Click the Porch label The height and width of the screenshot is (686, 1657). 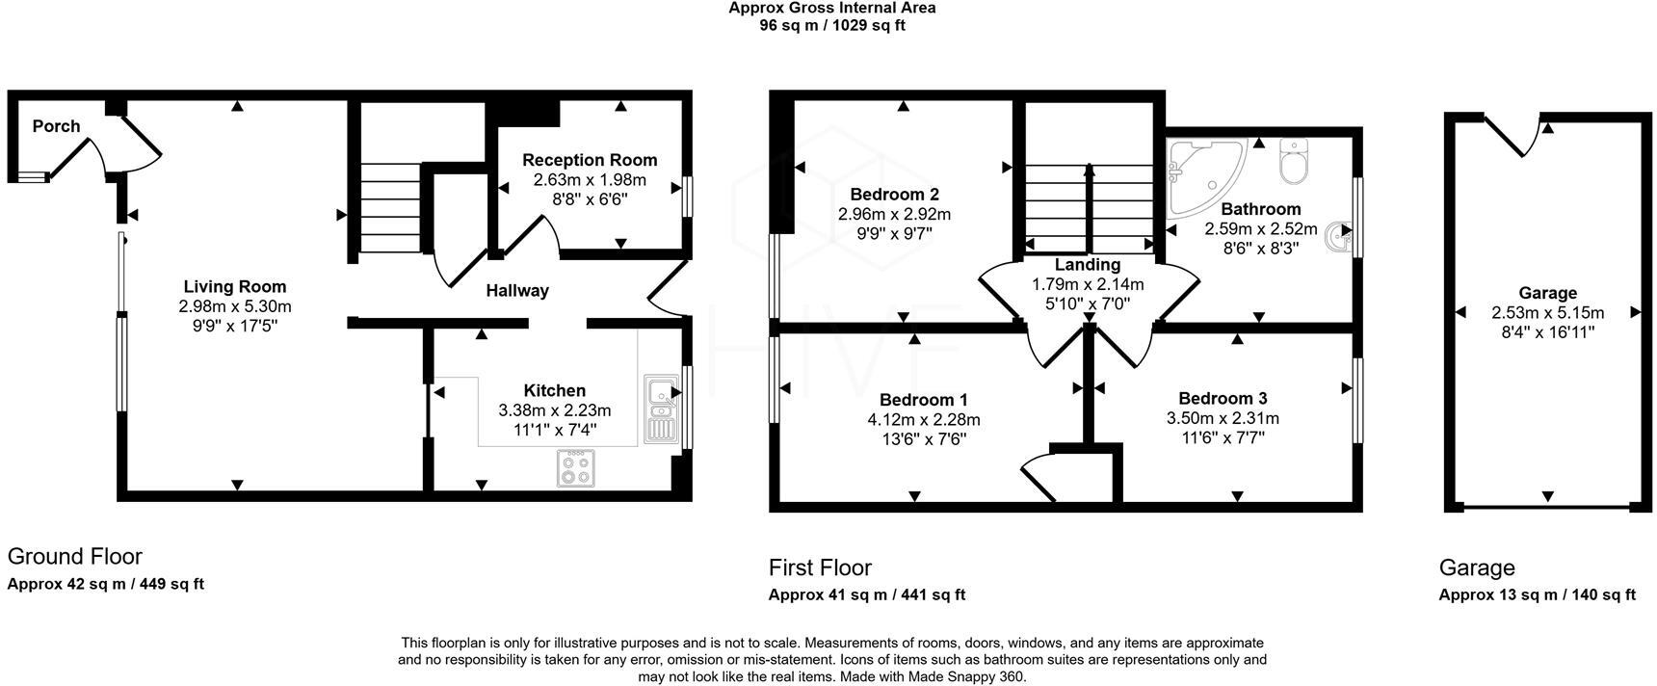point(56,126)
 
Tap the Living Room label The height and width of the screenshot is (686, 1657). point(235,286)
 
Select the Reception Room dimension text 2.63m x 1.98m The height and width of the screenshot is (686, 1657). point(590,180)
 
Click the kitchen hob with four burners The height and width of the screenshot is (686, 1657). point(576,468)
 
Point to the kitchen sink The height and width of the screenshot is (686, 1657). point(661,408)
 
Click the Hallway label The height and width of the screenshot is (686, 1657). point(517,290)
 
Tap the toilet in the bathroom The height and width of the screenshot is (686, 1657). point(1293,161)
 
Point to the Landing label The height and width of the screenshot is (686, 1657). point(1088,265)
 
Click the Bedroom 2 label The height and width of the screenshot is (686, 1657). point(894,194)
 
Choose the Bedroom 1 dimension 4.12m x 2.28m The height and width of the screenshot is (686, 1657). point(924,420)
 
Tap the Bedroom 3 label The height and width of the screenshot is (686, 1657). point(1223,398)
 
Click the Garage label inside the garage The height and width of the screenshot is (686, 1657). point(1547,293)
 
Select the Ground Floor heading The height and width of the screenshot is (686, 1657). point(75,556)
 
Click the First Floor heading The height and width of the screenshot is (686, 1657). point(820,567)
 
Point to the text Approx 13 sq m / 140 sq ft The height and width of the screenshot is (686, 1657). point(1537,594)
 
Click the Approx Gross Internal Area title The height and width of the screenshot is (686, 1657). point(831,8)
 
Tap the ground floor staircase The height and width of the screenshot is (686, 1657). point(390,207)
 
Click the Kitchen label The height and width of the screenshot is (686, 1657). point(554,390)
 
